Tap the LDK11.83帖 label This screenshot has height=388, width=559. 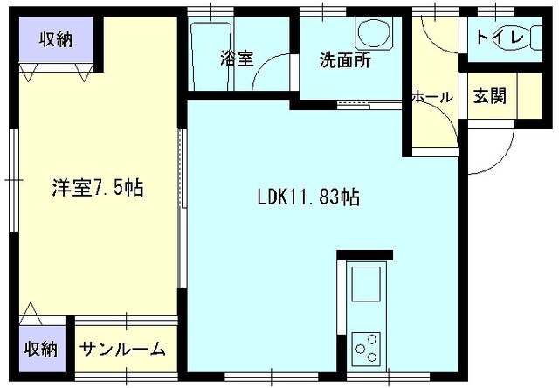click(308, 196)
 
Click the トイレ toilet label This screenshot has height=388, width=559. click(500, 38)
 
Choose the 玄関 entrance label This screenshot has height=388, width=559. click(490, 96)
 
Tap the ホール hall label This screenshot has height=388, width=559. click(431, 97)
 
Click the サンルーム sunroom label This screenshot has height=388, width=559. click(122, 350)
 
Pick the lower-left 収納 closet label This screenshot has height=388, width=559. click(40, 350)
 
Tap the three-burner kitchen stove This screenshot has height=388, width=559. click(366, 349)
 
